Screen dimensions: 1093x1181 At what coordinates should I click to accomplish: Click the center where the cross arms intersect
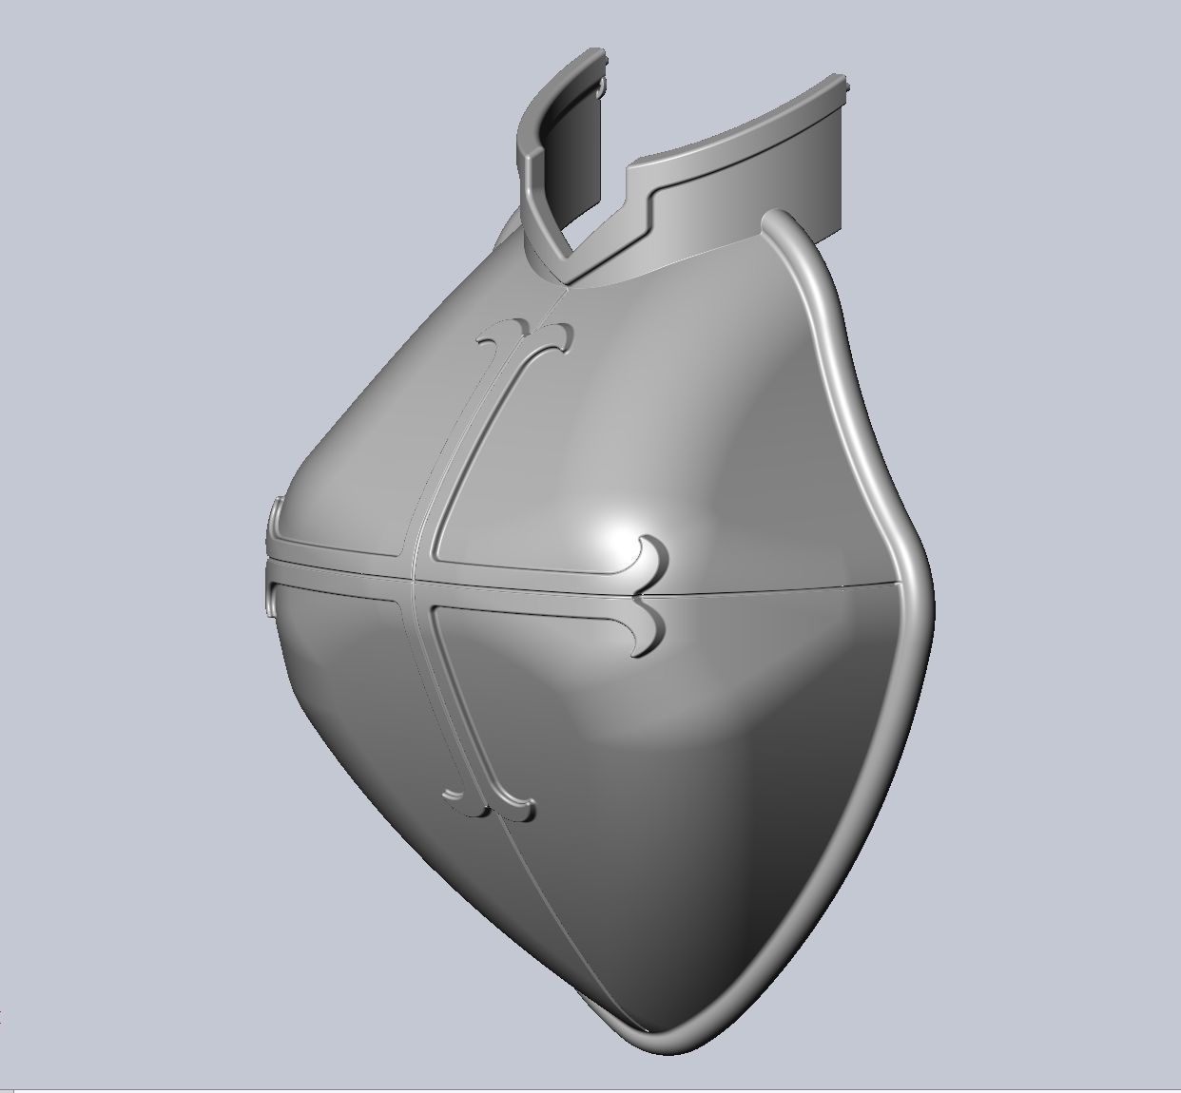point(420,567)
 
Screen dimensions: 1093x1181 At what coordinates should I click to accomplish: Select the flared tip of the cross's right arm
point(649,594)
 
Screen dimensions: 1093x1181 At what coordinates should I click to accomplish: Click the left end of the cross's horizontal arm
point(274,561)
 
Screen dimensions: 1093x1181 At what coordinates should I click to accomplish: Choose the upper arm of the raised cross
point(475,437)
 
